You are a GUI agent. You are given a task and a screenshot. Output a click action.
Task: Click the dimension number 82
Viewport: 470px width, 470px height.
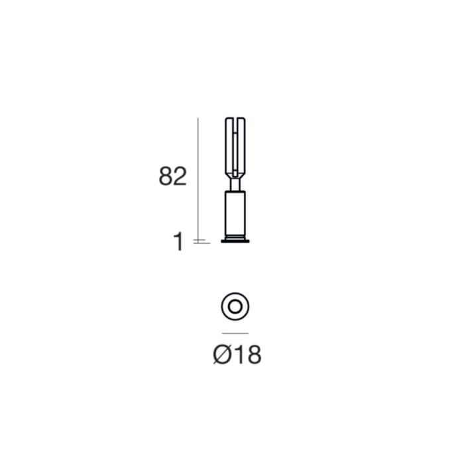pos(172,176)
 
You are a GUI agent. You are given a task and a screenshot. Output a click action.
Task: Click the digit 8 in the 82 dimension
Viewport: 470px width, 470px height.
pos(166,176)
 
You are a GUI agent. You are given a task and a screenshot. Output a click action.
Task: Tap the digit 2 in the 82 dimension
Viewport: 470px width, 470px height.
pos(180,176)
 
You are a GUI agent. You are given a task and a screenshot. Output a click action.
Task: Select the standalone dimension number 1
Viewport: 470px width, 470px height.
pos(178,242)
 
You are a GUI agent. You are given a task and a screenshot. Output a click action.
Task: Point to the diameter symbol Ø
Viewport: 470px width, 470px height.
pos(222,354)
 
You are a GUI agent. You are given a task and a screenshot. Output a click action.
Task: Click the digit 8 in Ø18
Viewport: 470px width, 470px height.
pos(253,355)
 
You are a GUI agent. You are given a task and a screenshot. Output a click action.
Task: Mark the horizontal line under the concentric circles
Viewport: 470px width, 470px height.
pos(235,333)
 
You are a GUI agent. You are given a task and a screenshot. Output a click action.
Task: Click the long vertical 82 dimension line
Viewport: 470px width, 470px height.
pos(198,179)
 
